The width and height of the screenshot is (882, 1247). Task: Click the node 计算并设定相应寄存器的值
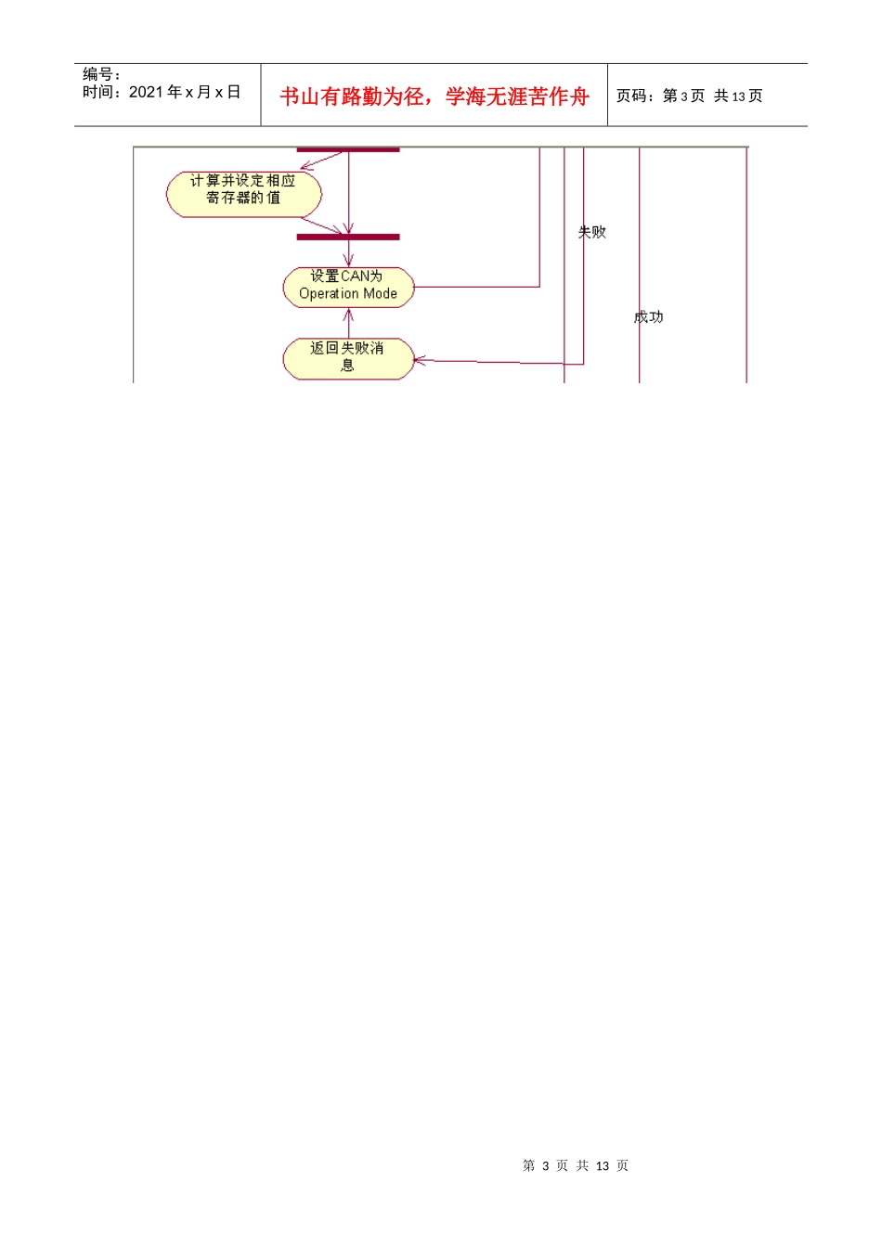(x=244, y=194)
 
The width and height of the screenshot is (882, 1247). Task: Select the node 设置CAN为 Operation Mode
(x=348, y=286)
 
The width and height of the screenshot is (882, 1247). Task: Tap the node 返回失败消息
(x=348, y=358)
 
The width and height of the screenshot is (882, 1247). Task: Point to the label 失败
(x=592, y=232)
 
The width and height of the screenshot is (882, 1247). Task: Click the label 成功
(x=649, y=317)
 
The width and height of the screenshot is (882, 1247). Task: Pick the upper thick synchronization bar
(x=348, y=149)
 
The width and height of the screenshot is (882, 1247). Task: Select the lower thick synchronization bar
(x=348, y=238)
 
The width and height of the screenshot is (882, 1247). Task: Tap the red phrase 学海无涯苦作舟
(x=517, y=96)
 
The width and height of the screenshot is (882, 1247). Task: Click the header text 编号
(x=97, y=74)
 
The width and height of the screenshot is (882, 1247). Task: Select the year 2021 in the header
(x=146, y=92)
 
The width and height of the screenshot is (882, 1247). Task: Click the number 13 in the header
(x=739, y=96)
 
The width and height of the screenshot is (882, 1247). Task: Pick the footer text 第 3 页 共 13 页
(x=576, y=1165)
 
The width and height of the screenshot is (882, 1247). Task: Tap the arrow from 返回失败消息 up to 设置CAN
(x=349, y=322)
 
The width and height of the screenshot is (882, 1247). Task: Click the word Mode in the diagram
(x=381, y=294)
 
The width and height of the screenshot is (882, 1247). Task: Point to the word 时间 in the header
(x=97, y=92)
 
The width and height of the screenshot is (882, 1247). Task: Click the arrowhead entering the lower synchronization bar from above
(x=349, y=230)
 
